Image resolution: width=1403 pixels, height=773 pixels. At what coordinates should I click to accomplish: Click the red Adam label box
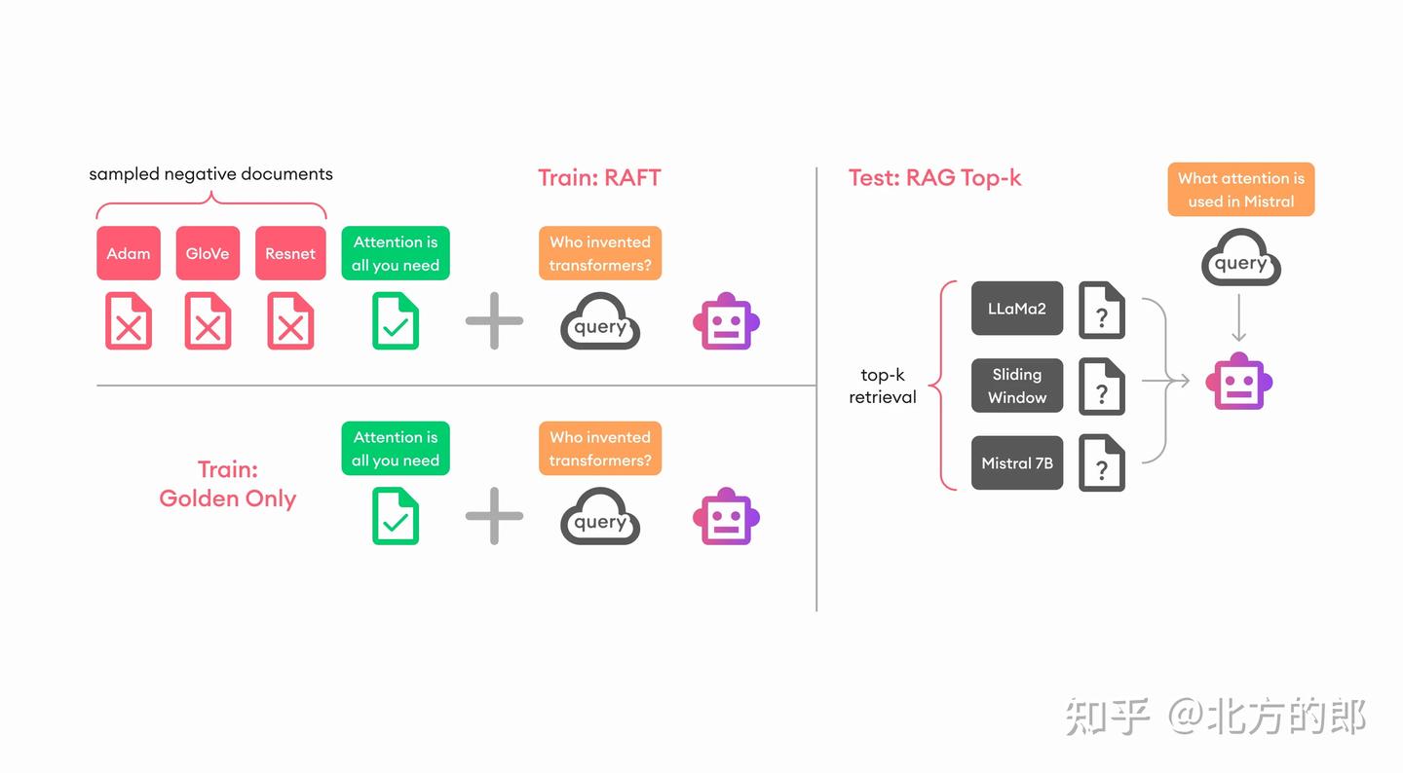tap(129, 253)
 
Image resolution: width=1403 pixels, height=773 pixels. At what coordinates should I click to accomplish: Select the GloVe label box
tap(208, 253)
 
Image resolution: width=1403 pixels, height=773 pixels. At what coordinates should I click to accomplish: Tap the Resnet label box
tap(290, 253)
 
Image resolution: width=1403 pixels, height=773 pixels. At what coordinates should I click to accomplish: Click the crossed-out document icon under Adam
tap(129, 321)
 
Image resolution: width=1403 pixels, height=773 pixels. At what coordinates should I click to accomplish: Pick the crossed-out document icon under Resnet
tap(290, 321)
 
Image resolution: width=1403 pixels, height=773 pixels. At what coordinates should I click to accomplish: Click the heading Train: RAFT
tap(599, 178)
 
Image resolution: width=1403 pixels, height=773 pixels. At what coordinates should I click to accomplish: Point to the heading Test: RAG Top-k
tap(934, 178)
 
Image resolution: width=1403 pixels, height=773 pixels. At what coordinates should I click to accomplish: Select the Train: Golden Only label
tap(228, 484)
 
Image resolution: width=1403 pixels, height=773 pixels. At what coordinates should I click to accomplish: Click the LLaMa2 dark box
tap(1016, 309)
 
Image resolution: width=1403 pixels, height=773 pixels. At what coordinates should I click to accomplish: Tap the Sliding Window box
tap(1016, 386)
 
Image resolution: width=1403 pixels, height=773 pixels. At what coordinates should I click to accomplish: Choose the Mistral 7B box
tap(1016, 462)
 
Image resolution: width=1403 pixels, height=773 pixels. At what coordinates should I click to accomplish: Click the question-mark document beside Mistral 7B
tap(1102, 463)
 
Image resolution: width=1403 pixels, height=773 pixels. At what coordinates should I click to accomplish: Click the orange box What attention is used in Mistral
tap(1240, 190)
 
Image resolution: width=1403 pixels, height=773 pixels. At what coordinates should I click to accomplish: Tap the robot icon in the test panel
tap(1238, 381)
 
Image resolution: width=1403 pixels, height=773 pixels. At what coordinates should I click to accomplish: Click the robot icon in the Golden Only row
tap(726, 516)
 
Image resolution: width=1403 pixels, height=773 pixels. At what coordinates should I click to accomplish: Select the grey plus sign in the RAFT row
tap(494, 320)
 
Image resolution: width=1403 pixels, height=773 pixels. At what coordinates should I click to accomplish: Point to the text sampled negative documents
tap(210, 174)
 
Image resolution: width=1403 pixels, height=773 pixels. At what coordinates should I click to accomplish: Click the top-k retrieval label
tap(883, 386)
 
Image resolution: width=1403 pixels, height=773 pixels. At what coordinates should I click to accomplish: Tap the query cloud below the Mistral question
tap(1240, 259)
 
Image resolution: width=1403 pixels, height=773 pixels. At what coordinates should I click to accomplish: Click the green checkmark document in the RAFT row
tap(396, 321)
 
